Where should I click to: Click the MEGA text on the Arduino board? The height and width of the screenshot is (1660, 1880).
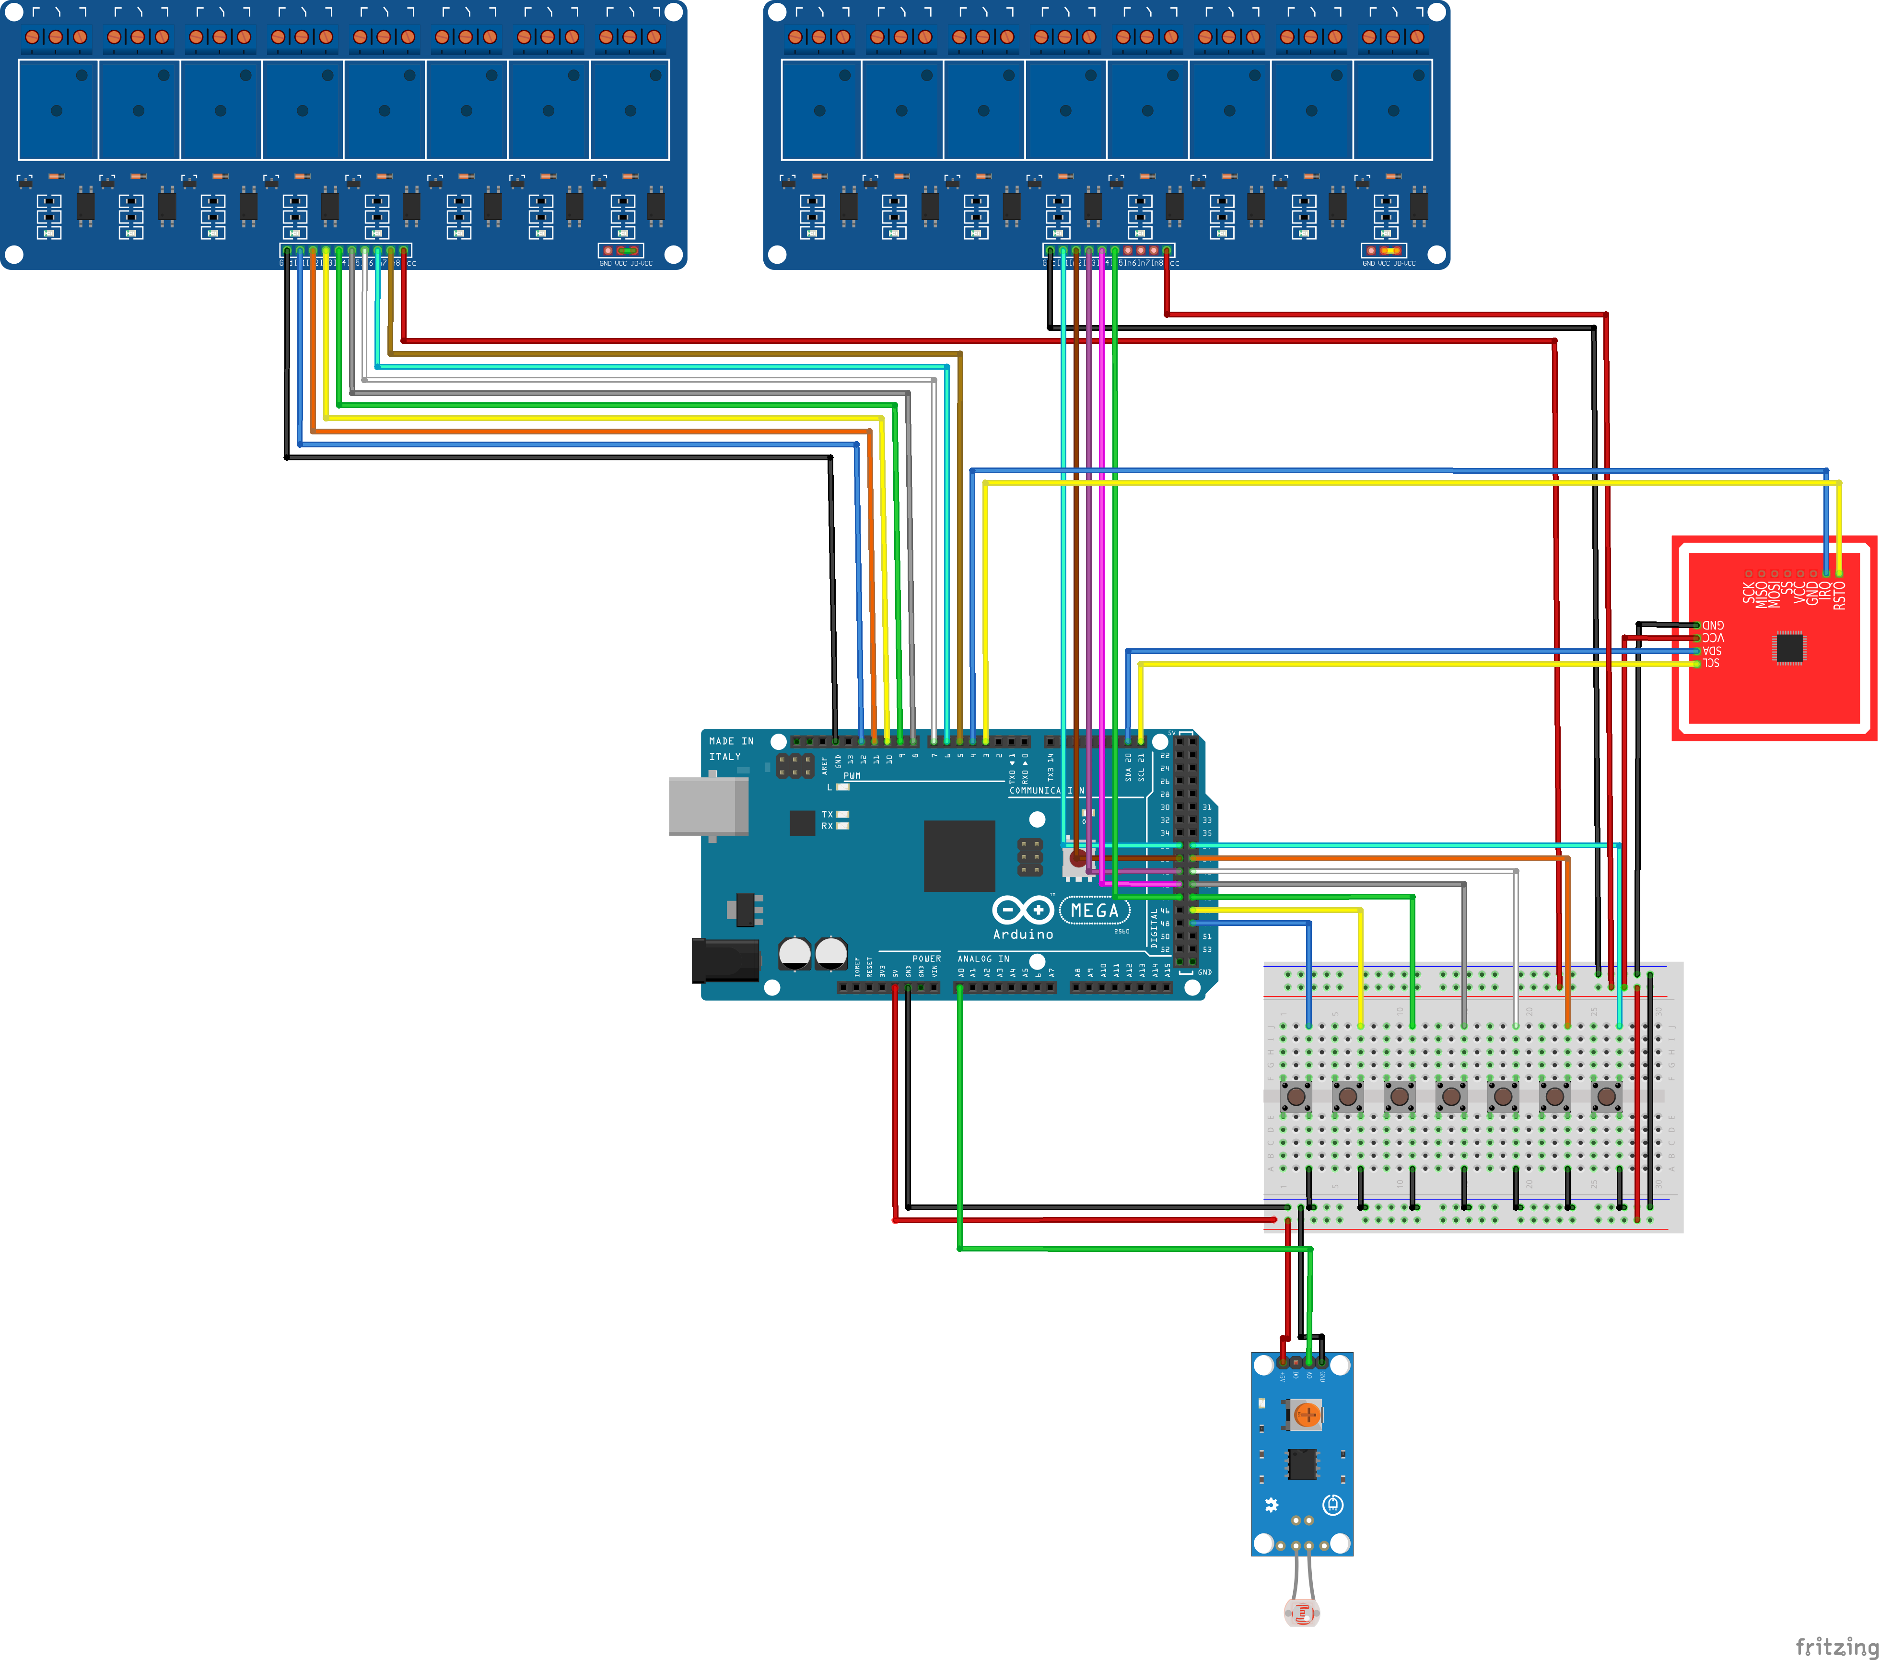(x=1095, y=911)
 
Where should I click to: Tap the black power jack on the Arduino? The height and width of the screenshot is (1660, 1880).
(x=725, y=960)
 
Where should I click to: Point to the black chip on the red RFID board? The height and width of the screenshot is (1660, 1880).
(x=1789, y=647)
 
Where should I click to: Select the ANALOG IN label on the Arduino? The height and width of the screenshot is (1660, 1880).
(x=983, y=959)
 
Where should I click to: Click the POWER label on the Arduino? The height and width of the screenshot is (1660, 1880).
(x=926, y=959)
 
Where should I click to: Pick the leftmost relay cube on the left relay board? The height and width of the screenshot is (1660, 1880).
(x=58, y=109)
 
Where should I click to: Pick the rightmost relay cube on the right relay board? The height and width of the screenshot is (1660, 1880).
(x=1392, y=109)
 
